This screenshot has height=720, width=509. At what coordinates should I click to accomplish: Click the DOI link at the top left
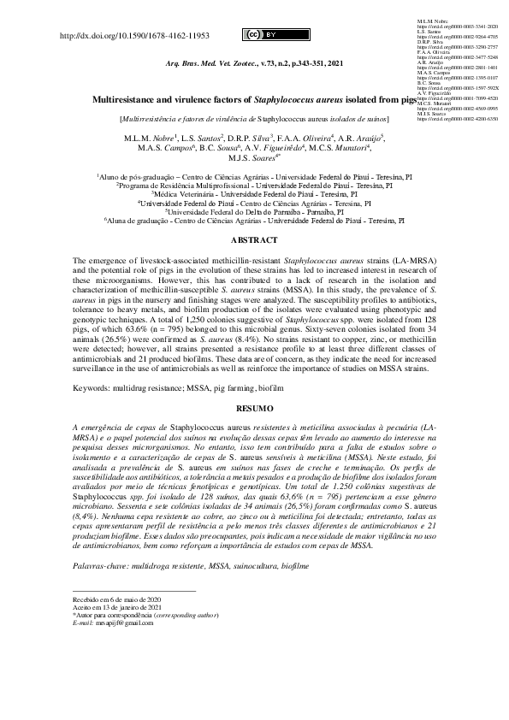[136, 36]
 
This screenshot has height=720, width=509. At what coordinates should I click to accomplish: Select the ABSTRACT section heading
[253, 239]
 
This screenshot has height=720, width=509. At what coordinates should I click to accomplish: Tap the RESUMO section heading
[253, 409]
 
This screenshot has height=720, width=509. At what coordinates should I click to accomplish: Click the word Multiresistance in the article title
[126, 100]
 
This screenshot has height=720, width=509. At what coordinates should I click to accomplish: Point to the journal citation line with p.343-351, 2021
[253, 65]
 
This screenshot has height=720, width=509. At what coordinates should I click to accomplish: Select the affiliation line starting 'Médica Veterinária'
[254, 194]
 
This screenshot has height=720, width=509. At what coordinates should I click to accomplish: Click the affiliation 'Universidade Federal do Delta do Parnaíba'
[254, 212]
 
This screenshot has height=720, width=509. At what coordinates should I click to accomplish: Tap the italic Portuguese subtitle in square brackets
[254, 120]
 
